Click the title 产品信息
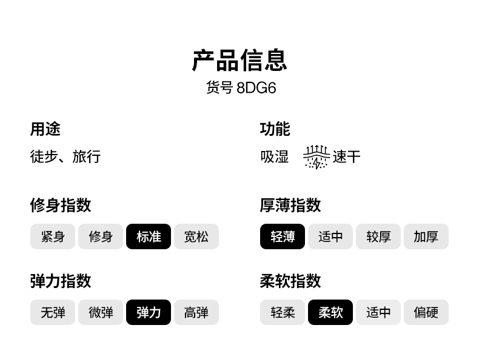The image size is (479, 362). pyautogui.click(x=239, y=61)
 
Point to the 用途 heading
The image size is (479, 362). pyautogui.click(x=45, y=129)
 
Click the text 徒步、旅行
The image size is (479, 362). pyautogui.click(x=65, y=156)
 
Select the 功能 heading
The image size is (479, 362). pyautogui.click(x=275, y=129)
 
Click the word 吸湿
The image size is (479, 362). pyautogui.click(x=275, y=156)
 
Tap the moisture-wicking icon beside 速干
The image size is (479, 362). pyautogui.click(x=316, y=157)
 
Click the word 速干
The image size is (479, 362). pyautogui.click(x=347, y=157)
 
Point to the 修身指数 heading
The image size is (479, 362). pyautogui.click(x=61, y=205)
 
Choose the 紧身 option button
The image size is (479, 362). pyautogui.click(x=53, y=236)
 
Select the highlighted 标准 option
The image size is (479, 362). pyautogui.click(x=149, y=236)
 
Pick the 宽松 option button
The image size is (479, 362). pyautogui.click(x=196, y=236)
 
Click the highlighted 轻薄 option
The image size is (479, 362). pyautogui.click(x=283, y=236)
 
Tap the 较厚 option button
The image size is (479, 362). pyautogui.click(x=378, y=236)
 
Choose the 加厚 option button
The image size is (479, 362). pyautogui.click(x=426, y=236)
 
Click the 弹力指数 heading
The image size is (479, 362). pyautogui.click(x=61, y=281)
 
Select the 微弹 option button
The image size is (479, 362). pyautogui.click(x=101, y=312)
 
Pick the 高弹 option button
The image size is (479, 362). pyautogui.click(x=196, y=312)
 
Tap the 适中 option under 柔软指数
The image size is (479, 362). pyautogui.click(x=378, y=312)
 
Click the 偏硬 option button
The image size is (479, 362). pyautogui.click(x=426, y=312)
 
